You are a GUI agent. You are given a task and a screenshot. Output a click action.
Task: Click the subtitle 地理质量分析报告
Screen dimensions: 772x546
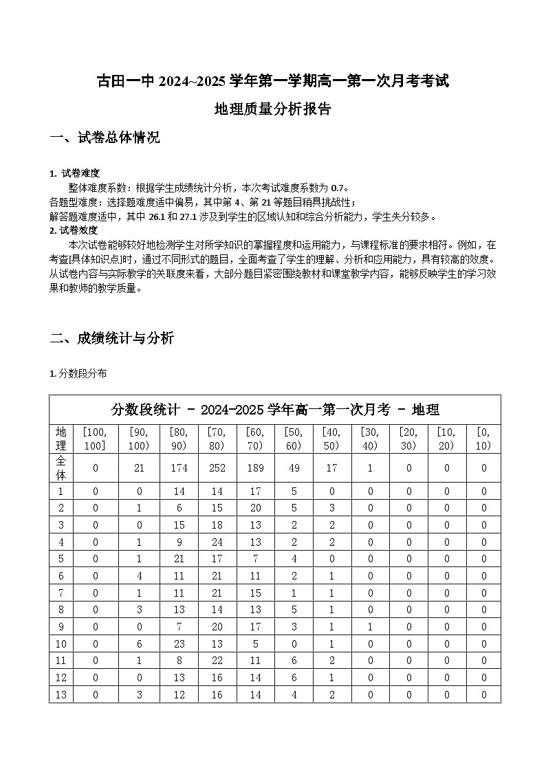coord(272,109)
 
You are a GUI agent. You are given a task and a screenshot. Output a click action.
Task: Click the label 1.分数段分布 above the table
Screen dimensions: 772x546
coord(78,374)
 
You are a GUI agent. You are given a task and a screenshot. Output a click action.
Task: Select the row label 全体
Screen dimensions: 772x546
coord(61,467)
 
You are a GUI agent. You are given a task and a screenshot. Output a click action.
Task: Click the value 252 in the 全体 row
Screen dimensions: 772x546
coord(217,467)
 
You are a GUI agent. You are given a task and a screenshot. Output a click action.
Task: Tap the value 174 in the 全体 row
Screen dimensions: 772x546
coord(179,467)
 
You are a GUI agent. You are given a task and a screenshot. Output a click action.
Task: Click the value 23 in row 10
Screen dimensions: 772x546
coord(179,643)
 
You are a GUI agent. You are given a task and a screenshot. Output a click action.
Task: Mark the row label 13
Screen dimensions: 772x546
coord(61,694)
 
